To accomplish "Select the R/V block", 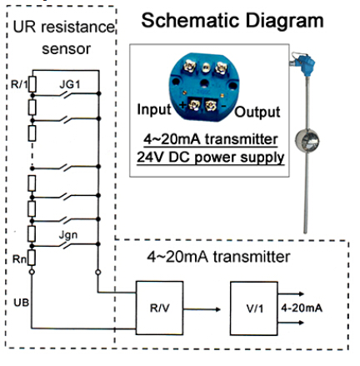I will [157, 306].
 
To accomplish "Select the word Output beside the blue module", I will [255, 112].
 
